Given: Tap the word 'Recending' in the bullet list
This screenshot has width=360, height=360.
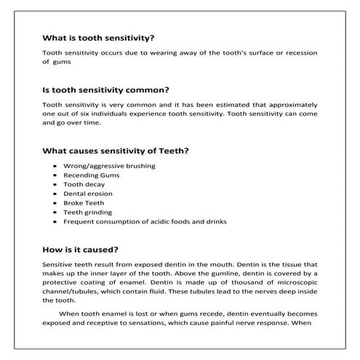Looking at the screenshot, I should click(81, 175).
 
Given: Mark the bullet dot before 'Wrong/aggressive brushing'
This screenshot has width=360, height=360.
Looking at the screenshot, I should click(56, 167).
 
